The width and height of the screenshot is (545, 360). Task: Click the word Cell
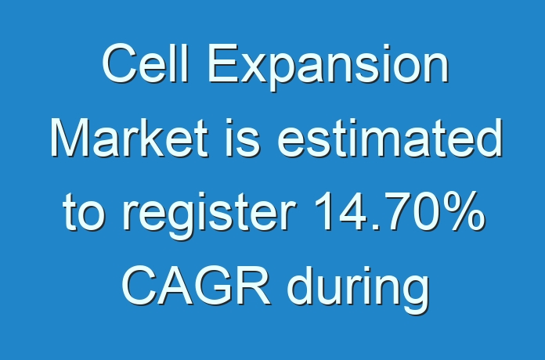pos(146,63)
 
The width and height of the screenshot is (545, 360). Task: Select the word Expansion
pos(328,68)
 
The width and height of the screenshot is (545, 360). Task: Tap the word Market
pos(130,138)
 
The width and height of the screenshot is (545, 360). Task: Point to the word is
pos(243,138)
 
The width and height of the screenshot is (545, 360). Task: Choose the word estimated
pos(390,138)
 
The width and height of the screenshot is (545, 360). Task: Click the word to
pos(84,211)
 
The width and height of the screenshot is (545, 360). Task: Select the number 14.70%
pos(399,211)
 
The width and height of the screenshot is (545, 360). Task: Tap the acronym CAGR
pos(196,286)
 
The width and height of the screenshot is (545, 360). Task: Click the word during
pos(359,290)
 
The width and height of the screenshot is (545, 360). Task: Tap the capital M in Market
pos(71,138)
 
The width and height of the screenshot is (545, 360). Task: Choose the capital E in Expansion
pos(222,63)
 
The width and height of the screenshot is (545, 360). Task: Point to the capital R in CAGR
pos(253,286)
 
